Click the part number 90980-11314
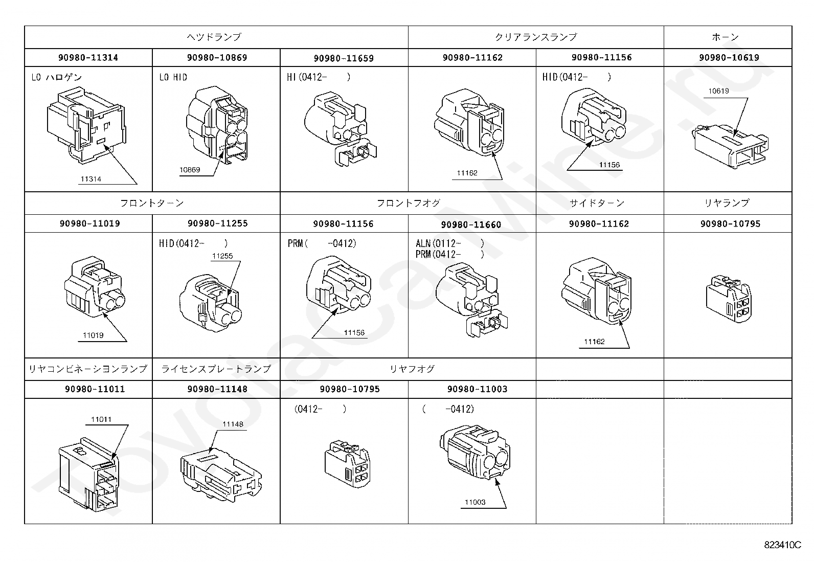point(88,57)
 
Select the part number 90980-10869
point(217,57)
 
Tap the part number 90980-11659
point(344,58)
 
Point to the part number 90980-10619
point(729,57)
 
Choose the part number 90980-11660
point(471,224)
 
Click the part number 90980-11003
point(477,389)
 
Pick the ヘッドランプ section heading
point(214,37)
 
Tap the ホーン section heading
point(726,37)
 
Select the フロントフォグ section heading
point(409,203)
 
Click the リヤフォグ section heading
point(412,369)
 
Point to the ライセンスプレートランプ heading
point(216,369)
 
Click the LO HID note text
point(173,77)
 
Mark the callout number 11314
point(91,179)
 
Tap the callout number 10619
point(718,91)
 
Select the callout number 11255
point(222,256)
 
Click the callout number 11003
point(475,502)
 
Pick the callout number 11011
point(101,419)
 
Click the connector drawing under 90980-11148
point(221,476)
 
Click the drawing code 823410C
point(782,545)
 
